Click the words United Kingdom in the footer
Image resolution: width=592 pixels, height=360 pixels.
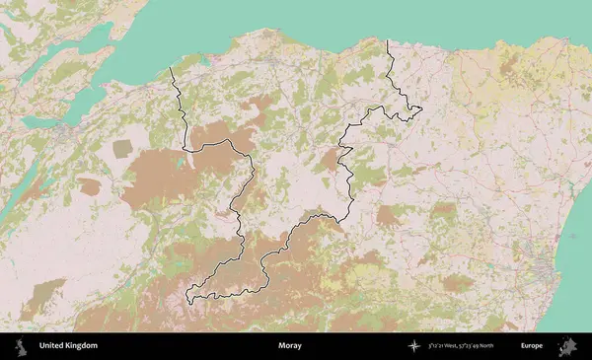coord(68,346)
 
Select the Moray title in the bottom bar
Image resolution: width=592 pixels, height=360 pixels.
coord(290,346)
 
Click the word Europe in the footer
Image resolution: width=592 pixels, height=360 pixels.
coord(532,346)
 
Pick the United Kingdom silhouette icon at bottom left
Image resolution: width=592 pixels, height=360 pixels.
coord(21,346)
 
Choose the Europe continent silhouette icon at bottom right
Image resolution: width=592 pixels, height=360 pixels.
coord(568,346)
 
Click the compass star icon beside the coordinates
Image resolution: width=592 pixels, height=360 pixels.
coord(415,346)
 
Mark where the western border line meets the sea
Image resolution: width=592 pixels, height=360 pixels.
coord(171,68)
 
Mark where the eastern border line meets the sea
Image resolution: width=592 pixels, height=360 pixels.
coord(387,40)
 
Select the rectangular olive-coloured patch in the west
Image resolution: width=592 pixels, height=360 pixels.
coord(122,148)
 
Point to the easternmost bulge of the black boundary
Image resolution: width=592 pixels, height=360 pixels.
coord(419,108)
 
